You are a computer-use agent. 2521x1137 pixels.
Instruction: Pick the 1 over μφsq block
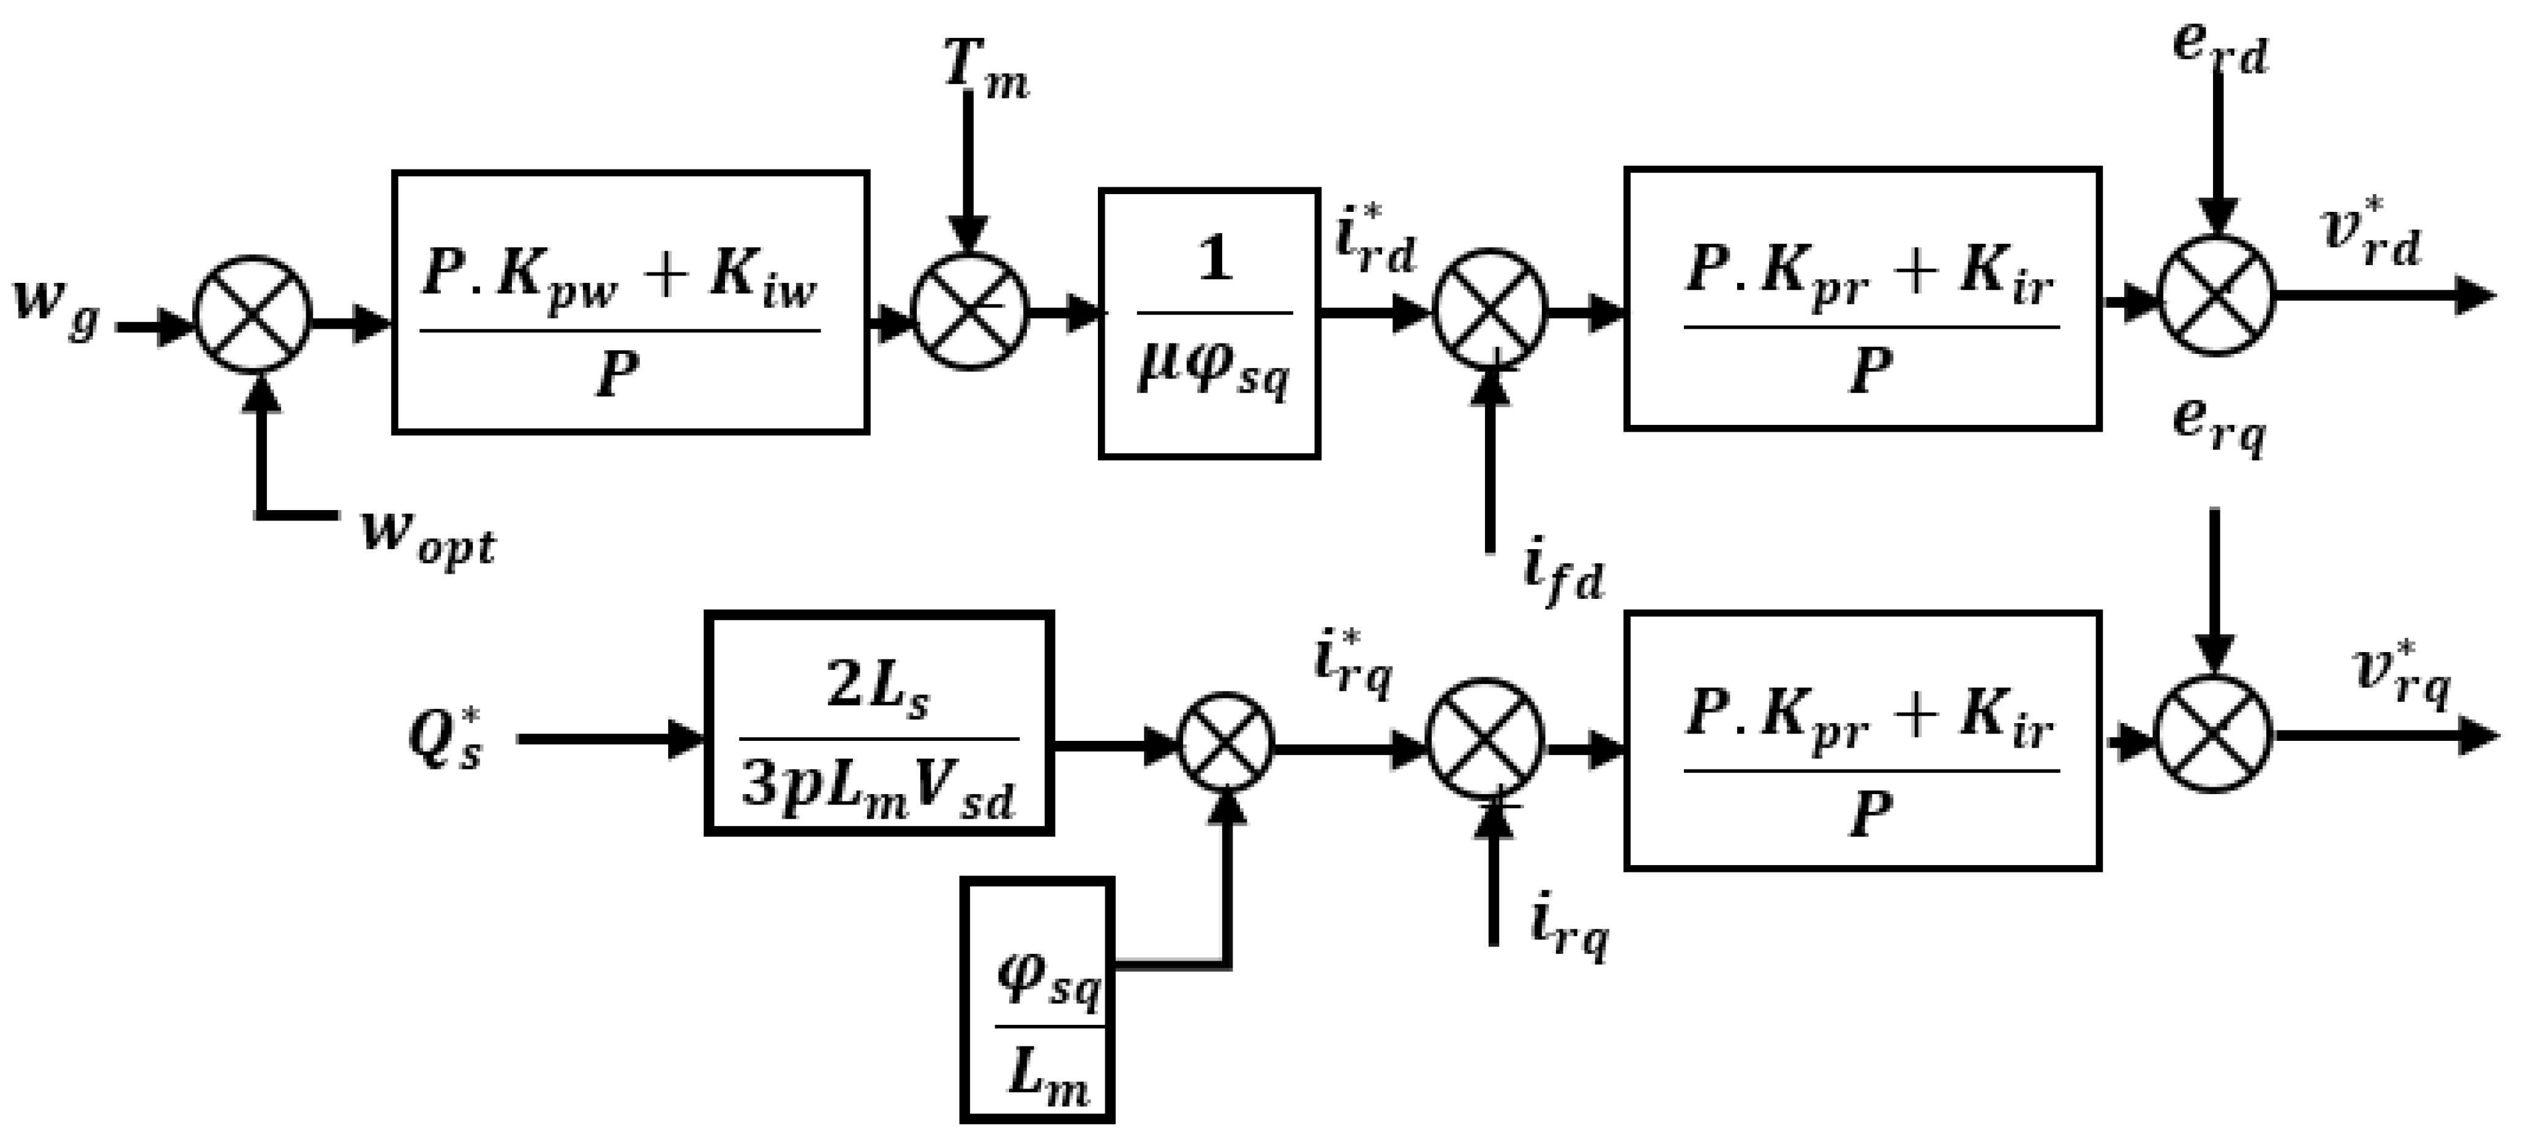[x=1209, y=323]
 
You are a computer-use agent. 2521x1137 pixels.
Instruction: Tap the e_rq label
[x=2218, y=425]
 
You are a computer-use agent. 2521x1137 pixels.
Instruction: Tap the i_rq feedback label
[x=1568, y=929]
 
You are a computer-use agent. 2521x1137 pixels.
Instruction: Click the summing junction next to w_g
[x=254, y=313]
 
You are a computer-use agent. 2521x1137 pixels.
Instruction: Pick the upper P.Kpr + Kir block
[x=1862, y=298]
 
